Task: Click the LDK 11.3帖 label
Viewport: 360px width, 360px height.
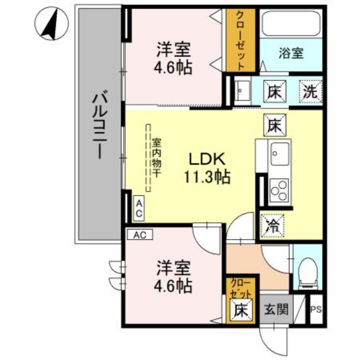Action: [206, 167]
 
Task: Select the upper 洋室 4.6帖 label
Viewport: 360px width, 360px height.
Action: [174, 58]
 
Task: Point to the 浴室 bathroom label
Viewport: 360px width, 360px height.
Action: [291, 54]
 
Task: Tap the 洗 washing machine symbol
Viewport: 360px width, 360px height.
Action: [311, 92]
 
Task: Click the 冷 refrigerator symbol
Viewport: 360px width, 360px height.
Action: [273, 225]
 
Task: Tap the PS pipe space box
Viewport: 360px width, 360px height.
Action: [316, 310]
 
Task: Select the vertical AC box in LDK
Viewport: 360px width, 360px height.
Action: [139, 208]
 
